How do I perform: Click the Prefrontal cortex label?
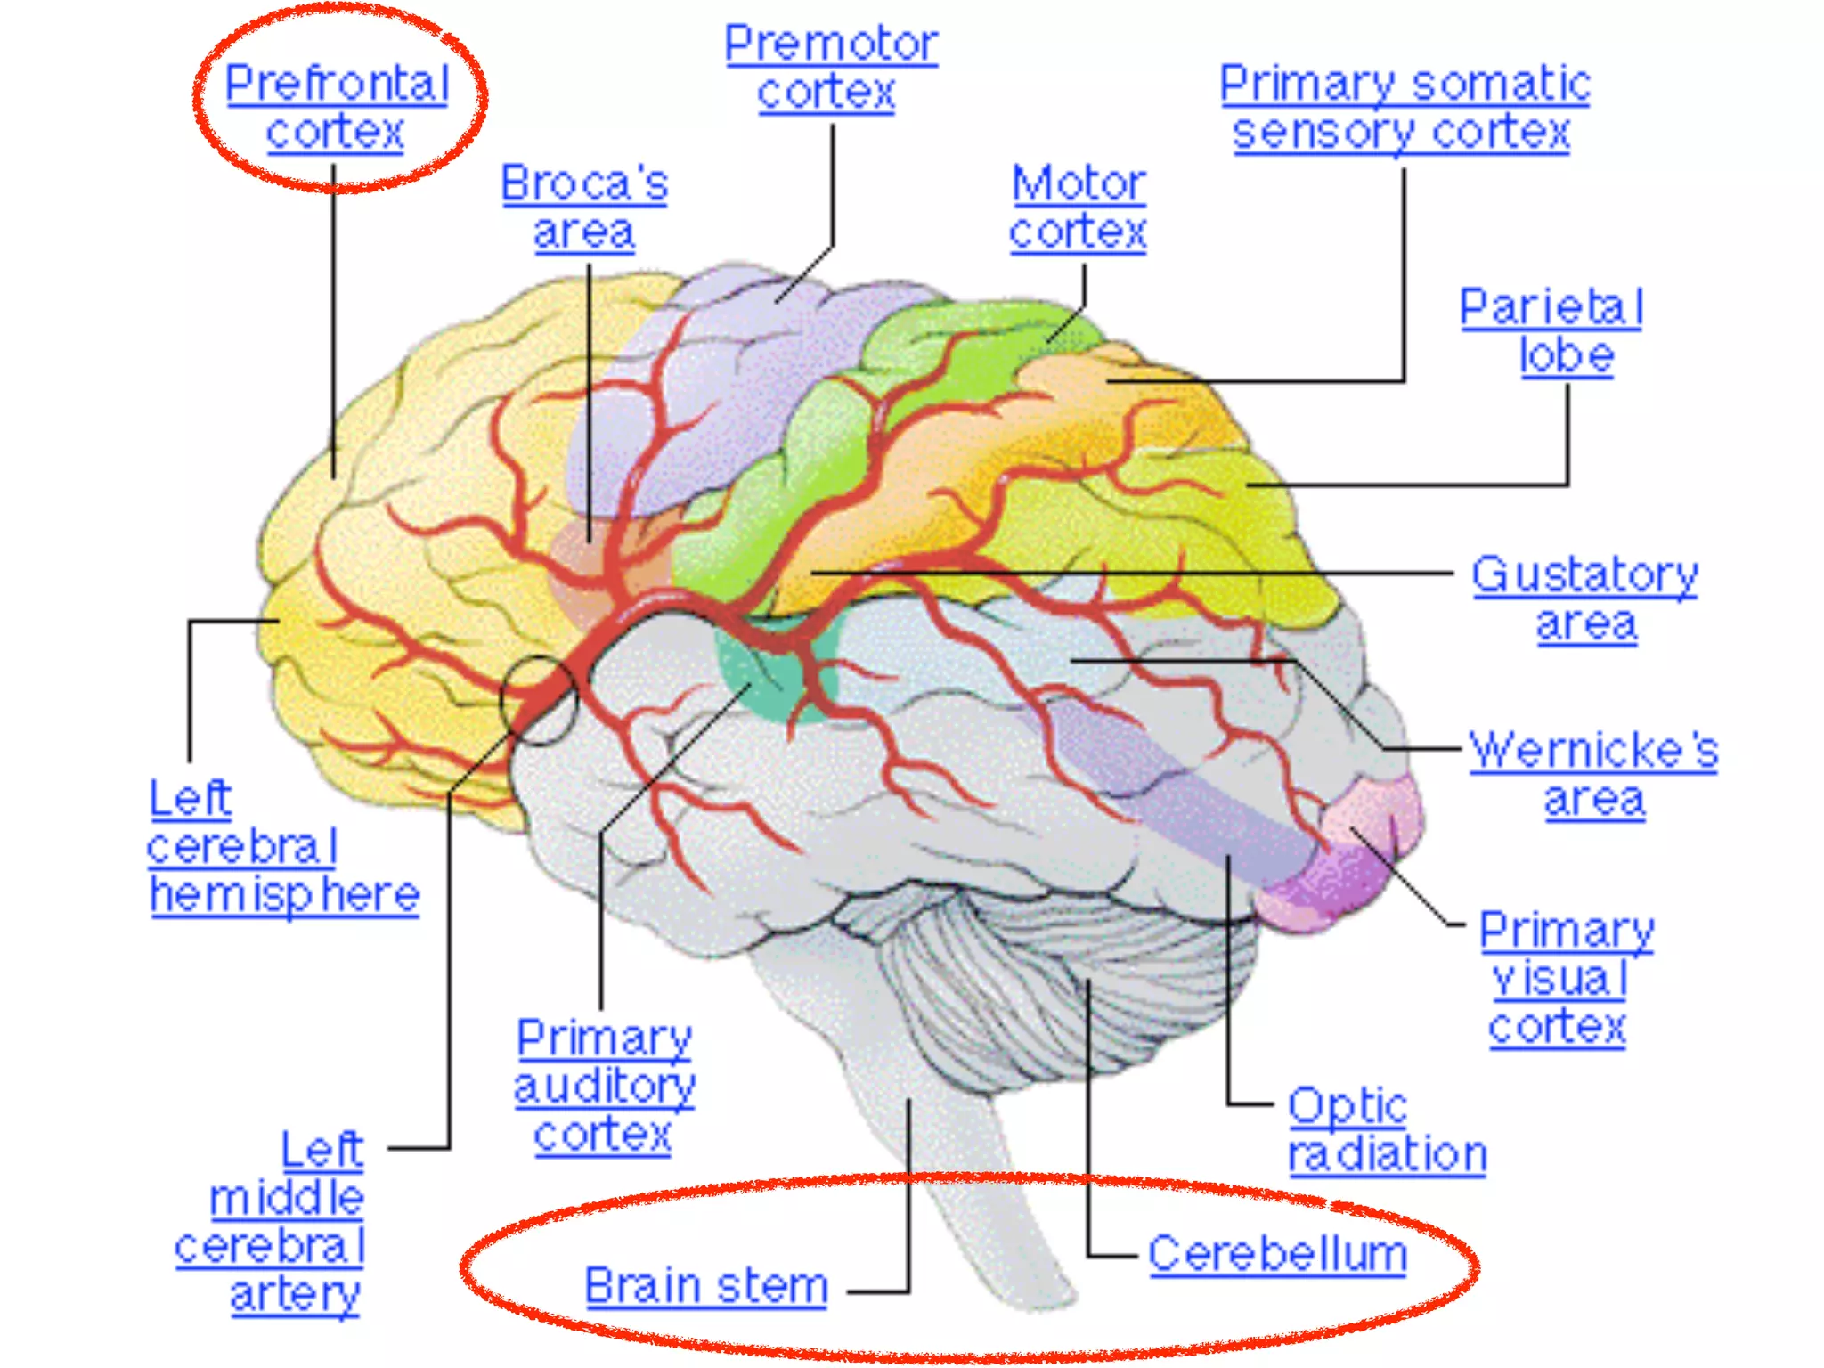point(337,108)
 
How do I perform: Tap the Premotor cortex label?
point(830,68)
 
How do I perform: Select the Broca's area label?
point(584,208)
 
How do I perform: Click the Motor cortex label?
point(1079,208)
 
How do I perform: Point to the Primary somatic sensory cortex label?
point(1404,108)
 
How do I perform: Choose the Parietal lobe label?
point(1551,331)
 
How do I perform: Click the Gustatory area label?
point(1584,598)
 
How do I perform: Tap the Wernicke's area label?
point(1593,774)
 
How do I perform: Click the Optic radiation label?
point(1386,1130)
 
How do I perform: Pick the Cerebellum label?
point(1277,1254)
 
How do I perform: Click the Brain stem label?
point(706,1285)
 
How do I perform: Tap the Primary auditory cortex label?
point(604,1086)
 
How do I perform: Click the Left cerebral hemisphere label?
point(281,846)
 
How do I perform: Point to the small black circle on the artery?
point(539,701)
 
